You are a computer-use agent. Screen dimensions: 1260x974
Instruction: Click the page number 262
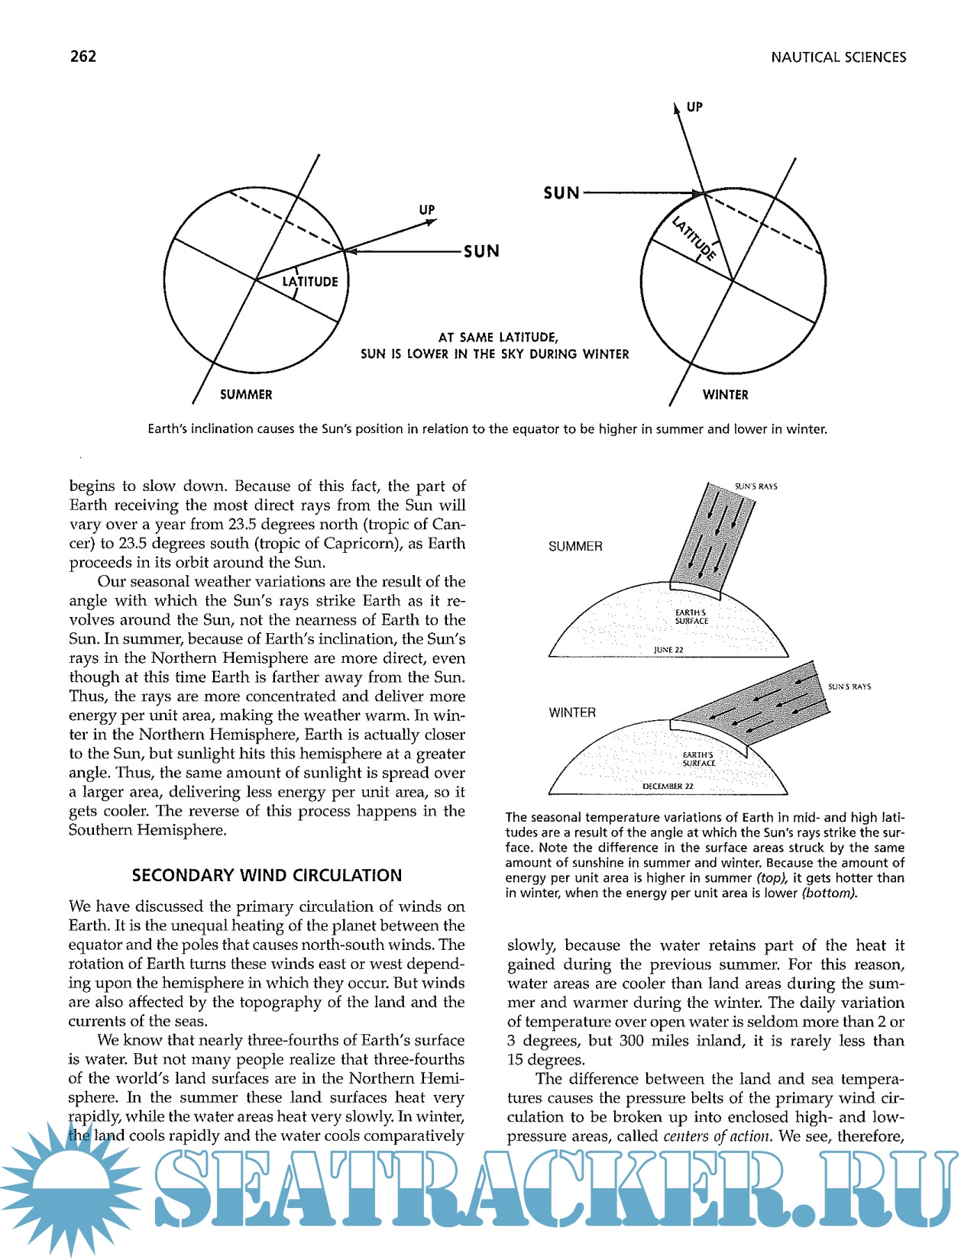coord(83,57)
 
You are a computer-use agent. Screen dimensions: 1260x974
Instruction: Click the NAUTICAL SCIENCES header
coord(838,57)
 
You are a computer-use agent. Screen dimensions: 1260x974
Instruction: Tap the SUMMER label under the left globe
coord(246,395)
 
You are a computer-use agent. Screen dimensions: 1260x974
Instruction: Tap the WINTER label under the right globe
coord(725,395)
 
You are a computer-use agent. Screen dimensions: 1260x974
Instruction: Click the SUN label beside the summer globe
coord(481,251)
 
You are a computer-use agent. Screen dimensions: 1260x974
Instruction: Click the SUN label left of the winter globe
coord(561,193)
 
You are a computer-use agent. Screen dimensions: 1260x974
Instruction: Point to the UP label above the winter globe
coord(694,107)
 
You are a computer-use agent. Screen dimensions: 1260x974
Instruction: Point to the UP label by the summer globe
coord(426,210)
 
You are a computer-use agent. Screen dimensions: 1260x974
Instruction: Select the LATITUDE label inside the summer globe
coord(310,282)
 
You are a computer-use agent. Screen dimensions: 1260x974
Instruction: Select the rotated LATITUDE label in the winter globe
coord(694,238)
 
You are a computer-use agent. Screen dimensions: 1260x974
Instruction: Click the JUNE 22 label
coord(668,650)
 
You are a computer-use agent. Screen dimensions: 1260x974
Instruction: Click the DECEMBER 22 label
coord(668,786)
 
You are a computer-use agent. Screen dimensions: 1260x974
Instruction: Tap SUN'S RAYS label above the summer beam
coord(756,486)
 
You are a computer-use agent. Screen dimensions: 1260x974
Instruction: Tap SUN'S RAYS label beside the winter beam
coord(849,687)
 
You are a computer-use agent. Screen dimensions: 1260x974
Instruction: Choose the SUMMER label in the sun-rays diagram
coord(575,547)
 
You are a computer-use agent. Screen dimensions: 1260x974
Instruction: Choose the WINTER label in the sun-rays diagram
coord(572,712)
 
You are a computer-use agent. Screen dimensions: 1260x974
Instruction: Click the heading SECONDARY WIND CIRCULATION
coord(267,875)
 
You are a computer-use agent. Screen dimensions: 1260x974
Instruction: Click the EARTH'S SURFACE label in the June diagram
coord(691,617)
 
